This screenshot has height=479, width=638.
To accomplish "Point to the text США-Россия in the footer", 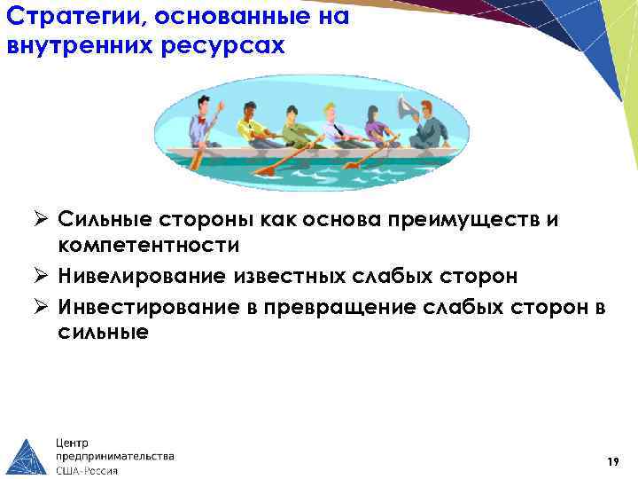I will (87, 470).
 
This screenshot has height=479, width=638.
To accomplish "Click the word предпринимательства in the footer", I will (114, 456).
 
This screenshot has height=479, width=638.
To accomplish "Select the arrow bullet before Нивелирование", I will (43, 276).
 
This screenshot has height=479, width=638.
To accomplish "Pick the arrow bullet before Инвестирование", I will (43, 307).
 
